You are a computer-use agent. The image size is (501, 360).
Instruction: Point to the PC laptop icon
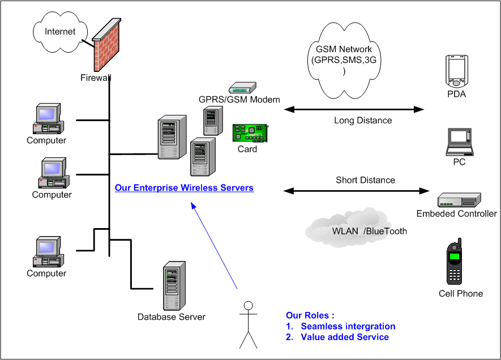tap(459, 142)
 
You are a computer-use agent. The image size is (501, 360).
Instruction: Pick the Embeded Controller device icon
tap(459, 200)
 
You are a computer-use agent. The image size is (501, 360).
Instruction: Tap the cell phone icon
tap(455, 264)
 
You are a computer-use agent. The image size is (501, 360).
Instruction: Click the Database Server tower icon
tap(172, 286)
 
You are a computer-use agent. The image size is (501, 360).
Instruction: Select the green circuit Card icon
tap(250, 134)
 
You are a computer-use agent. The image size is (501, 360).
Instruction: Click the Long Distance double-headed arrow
tap(354, 108)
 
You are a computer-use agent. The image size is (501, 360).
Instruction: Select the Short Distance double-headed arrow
tap(357, 191)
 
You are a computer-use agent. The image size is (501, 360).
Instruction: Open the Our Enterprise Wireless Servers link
tap(184, 188)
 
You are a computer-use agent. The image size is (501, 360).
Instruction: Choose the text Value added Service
tap(344, 337)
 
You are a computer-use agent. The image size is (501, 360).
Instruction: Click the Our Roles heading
tap(310, 315)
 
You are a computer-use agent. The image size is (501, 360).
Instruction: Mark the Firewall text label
tap(95, 78)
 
